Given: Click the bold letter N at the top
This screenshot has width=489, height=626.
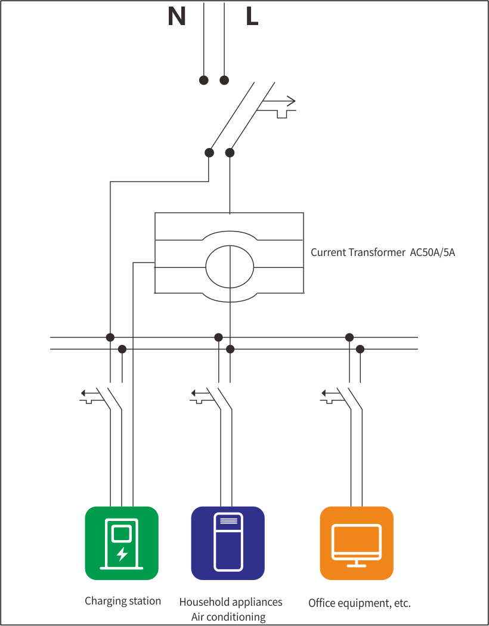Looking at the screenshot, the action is click(177, 17).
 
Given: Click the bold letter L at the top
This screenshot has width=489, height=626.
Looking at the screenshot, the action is click(252, 17).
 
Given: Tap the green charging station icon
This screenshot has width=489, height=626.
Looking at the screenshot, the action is click(122, 543).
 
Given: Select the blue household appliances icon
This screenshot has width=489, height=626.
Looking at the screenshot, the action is click(228, 543).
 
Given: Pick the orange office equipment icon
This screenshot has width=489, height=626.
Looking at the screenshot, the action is click(357, 543).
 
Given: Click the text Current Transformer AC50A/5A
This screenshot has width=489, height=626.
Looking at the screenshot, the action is click(382, 252).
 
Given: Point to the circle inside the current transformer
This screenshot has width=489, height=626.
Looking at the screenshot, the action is click(230, 266).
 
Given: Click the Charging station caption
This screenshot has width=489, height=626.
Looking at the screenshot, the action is click(123, 601).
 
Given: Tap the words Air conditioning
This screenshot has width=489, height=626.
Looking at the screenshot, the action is click(228, 617).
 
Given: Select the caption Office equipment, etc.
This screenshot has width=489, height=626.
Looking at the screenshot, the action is click(360, 603).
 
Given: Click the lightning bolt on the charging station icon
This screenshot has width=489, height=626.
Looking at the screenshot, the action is click(122, 554).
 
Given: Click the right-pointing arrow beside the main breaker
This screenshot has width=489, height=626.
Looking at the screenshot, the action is click(278, 101).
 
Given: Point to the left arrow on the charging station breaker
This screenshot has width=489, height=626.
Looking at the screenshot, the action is click(90, 393).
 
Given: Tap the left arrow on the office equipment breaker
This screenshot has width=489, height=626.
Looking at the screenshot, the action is click(330, 393).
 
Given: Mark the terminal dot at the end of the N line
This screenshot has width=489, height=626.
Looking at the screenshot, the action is click(203, 80).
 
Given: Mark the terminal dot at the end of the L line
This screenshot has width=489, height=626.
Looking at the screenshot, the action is click(224, 80).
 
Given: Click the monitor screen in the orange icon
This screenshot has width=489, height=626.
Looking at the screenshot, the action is click(357, 538).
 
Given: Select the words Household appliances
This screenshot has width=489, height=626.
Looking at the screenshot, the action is click(231, 602).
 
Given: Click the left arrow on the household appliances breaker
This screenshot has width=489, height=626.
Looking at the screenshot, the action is click(200, 393).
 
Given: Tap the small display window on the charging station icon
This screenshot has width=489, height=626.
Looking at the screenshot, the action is click(122, 534).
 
